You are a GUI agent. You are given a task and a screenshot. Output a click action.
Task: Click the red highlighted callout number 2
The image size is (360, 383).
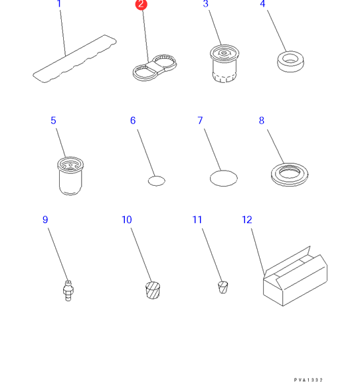141,5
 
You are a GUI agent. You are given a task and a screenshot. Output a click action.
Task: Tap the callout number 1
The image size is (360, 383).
58,4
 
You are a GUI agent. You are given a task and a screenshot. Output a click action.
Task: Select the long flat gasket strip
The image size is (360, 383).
74,58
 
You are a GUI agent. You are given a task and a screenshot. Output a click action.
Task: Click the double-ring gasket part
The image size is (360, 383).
155,68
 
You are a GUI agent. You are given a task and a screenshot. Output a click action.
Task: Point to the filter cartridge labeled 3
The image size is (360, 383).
225,64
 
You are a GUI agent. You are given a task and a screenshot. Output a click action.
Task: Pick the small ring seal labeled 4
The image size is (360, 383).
291,61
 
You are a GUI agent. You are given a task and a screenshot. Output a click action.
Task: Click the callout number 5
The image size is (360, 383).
53,120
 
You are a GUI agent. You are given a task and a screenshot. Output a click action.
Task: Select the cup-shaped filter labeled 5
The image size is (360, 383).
70,176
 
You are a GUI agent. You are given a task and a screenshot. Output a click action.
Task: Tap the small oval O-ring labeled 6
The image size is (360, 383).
156,181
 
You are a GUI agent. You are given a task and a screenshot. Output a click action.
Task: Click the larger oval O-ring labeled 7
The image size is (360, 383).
224,179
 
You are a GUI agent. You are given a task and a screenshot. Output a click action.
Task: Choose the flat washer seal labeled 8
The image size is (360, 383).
290,175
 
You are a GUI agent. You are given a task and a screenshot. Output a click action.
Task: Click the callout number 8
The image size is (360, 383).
262,120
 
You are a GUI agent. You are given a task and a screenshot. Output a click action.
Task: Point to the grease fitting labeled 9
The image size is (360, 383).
68,291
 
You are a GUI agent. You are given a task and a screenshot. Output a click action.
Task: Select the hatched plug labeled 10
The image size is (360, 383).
153,290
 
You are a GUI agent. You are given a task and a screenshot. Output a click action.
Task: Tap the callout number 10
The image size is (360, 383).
127,220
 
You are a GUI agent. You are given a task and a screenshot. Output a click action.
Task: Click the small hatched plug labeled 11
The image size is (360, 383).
223,287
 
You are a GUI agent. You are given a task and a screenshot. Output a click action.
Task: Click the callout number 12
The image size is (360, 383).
247,220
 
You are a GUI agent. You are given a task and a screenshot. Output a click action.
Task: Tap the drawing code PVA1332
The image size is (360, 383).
308,380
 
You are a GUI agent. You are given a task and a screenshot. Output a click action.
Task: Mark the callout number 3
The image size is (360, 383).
206,4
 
